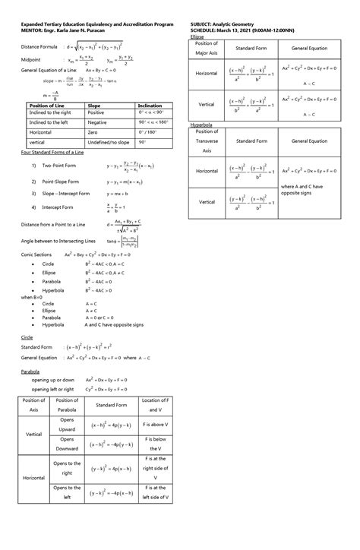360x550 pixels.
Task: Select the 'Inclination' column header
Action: (150, 105)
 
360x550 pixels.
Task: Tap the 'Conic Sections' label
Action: (37, 254)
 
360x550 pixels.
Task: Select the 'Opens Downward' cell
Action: (67, 444)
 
